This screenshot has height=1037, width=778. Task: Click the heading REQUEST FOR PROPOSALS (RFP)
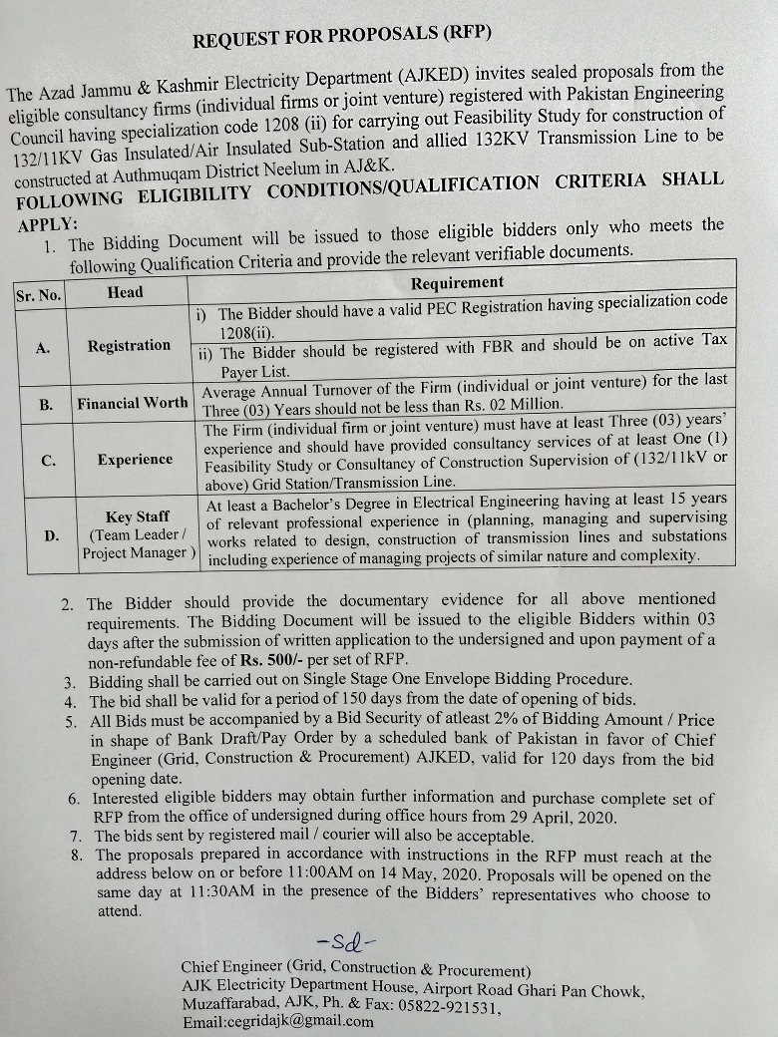(342, 39)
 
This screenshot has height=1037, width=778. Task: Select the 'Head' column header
(126, 292)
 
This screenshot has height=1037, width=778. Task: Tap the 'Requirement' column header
(458, 283)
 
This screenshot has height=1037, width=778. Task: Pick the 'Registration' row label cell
(129, 346)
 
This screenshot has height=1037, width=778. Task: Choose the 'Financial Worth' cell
(133, 403)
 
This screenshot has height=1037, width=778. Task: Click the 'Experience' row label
(135, 460)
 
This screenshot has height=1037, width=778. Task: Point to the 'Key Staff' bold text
(138, 518)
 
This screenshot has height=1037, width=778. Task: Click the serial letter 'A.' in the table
(43, 348)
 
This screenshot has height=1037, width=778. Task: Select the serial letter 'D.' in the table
(52, 535)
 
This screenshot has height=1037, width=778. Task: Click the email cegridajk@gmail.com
(277, 1021)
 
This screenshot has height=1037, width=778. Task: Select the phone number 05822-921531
(444, 1007)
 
